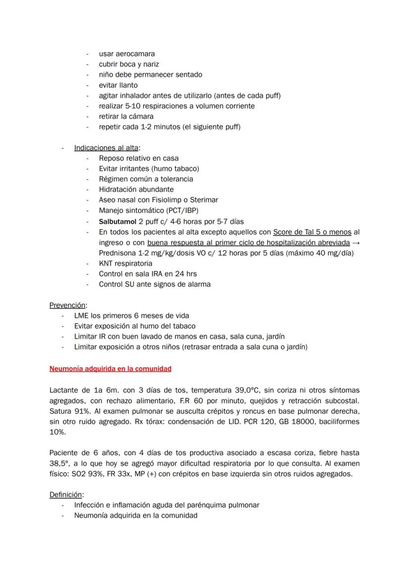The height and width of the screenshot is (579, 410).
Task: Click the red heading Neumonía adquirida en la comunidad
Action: tap(110, 368)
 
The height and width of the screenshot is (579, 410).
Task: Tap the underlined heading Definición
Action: tap(66, 494)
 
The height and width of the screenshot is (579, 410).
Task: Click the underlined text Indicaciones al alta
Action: tap(106, 148)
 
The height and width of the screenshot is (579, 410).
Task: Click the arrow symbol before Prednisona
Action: tap(356, 243)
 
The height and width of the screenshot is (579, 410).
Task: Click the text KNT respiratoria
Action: tap(125, 263)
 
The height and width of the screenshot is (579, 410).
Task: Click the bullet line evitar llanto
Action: tap(118, 85)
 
